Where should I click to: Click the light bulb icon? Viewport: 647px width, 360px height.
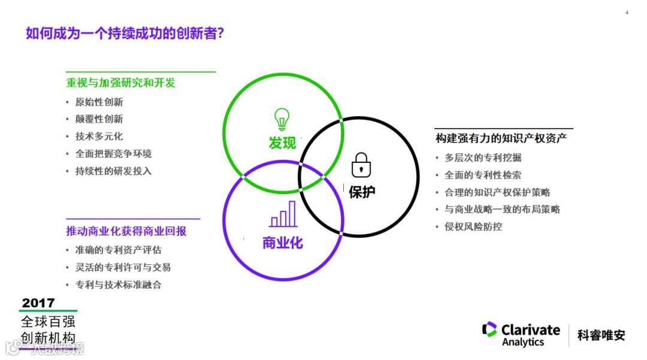coord(282,119)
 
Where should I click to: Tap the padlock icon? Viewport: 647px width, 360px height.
coord(361,165)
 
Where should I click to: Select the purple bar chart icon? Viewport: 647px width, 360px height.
coord(283,214)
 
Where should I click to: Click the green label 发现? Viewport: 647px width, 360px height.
coord(282,143)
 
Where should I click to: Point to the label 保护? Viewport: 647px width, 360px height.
coord(362,192)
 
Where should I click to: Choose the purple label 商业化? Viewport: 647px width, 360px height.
coord(283,243)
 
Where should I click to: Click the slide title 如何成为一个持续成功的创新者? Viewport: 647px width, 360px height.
coord(125,32)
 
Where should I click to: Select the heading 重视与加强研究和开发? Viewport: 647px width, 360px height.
coord(120,83)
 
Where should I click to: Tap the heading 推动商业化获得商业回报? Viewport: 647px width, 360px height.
coord(126,231)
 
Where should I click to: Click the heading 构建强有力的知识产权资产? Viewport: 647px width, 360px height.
coord(501,138)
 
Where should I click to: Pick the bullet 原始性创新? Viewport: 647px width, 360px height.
coord(99,102)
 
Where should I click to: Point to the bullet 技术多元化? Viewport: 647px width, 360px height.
coord(99,136)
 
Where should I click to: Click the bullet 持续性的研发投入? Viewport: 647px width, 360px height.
coord(113,171)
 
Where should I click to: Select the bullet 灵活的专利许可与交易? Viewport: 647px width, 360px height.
coord(123,267)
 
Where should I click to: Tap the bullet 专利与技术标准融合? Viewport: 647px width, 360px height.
coord(118,285)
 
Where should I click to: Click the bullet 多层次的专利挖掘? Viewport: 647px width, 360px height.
coord(482,158)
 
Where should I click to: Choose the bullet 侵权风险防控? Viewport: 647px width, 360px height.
coord(473,226)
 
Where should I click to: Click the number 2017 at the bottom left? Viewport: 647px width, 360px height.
coord(38,302)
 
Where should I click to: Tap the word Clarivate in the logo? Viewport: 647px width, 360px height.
coord(530,329)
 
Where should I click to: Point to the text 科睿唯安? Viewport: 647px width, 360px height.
coord(601,335)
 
